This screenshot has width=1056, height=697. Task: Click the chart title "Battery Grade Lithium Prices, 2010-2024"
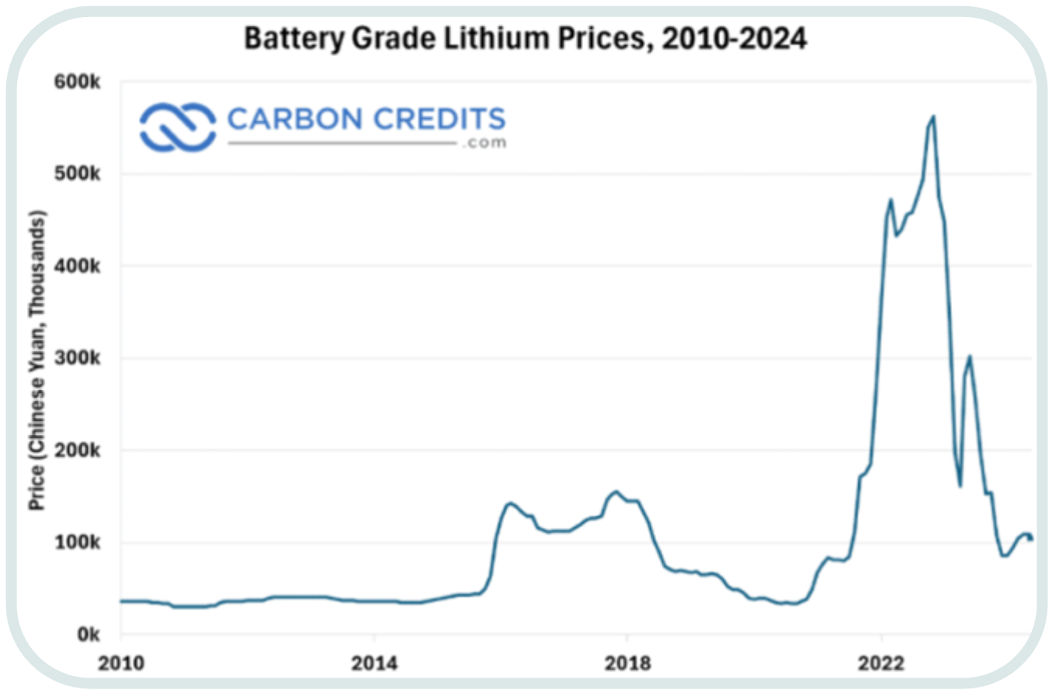coord(525,38)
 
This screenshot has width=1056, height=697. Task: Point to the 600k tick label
coord(77,82)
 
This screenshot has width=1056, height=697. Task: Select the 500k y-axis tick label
coord(77,174)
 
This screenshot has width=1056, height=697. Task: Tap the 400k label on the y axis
coord(77,266)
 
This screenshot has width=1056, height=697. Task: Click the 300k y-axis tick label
coord(77,359)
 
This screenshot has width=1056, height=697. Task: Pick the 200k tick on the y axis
coord(77,451)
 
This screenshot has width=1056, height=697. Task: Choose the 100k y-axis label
coord(77,543)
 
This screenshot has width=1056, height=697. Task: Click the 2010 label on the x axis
coord(121,664)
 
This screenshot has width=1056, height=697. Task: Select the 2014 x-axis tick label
coord(374,664)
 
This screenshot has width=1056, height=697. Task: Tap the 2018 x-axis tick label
coord(627,664)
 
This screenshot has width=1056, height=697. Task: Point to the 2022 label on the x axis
coord(881,664)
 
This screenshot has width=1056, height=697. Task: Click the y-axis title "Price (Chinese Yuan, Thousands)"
coord(36,360)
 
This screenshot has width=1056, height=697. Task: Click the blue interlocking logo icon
coord(178,127)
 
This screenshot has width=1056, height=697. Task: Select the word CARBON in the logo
coord(295,120)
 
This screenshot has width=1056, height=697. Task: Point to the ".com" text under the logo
coord(485,143)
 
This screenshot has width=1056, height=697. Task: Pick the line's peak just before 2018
coord(617,491)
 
